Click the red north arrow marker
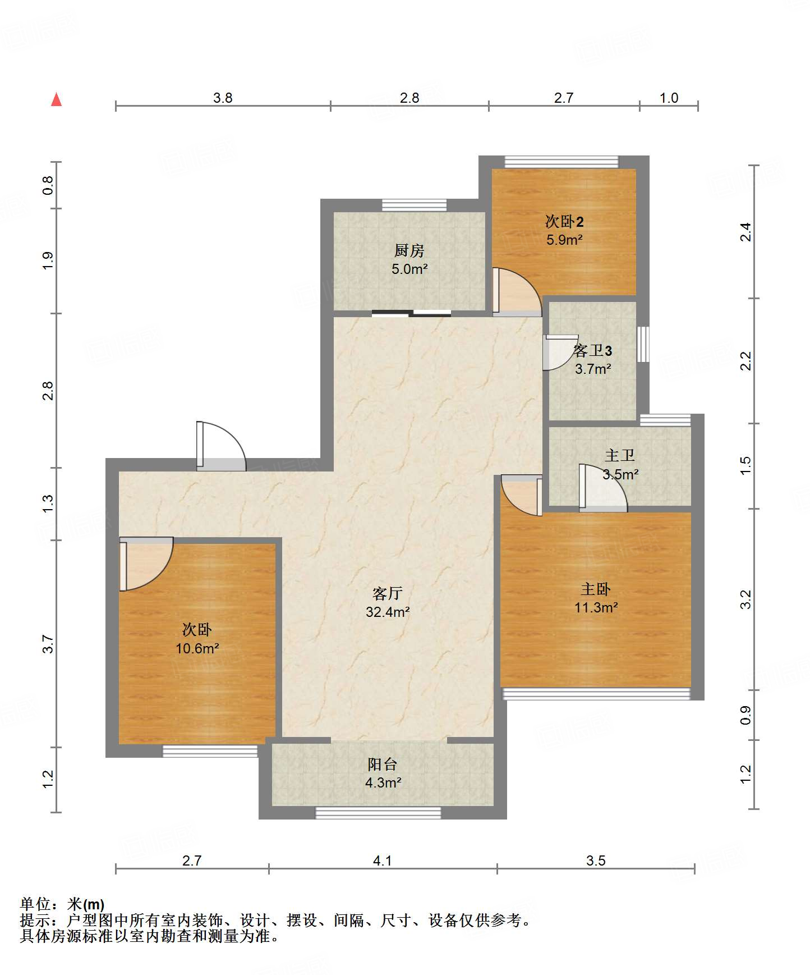coord(56,99)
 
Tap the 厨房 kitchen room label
coord(409,250)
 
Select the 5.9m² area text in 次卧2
coord(564,240)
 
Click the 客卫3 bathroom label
coord(592,351)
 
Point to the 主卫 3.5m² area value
coord(620,474)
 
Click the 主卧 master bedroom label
coord(595,589)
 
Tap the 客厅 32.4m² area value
coord(388,612)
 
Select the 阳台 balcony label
coord(383,764)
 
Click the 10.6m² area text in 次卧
coord(197,649)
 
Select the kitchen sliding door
coord(411,313)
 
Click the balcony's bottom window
coord(378,812)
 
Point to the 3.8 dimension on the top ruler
coord(223,98)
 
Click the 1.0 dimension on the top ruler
coord(669,98)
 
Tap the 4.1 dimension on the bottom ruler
coord(383,860)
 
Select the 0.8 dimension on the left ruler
coord(48,185)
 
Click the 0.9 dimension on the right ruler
coord(745,715)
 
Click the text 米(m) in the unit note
coord(86,904)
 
